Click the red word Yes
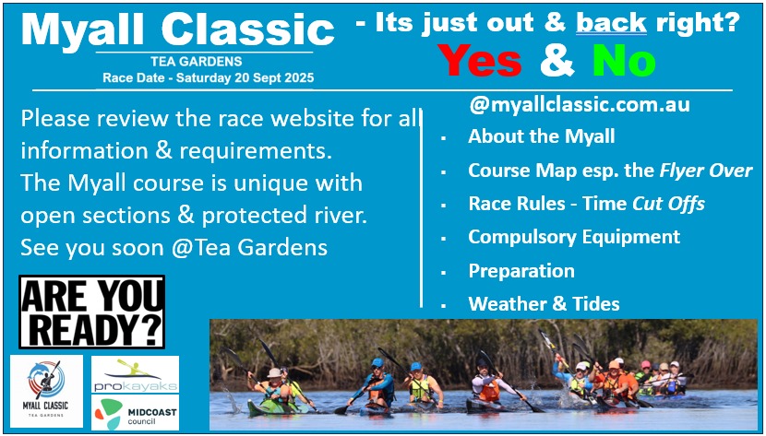point(479,62)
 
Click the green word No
point(624,62)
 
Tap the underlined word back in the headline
point(611,22)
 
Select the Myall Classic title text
point(178,29)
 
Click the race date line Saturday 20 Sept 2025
point(208,77)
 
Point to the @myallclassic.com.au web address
point(580,104)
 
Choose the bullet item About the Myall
point(542,136)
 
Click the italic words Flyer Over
point(706,171)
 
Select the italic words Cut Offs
point(669,204)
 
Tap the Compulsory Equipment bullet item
point(574,237)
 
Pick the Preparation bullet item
point(521,271)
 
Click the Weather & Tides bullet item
point(544,304)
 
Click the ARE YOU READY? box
point(92,312)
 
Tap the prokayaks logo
point(136,374)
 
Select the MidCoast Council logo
point(136,413)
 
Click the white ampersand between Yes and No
point(557,62)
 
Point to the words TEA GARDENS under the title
point(197,62)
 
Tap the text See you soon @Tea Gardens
point(174,248)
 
